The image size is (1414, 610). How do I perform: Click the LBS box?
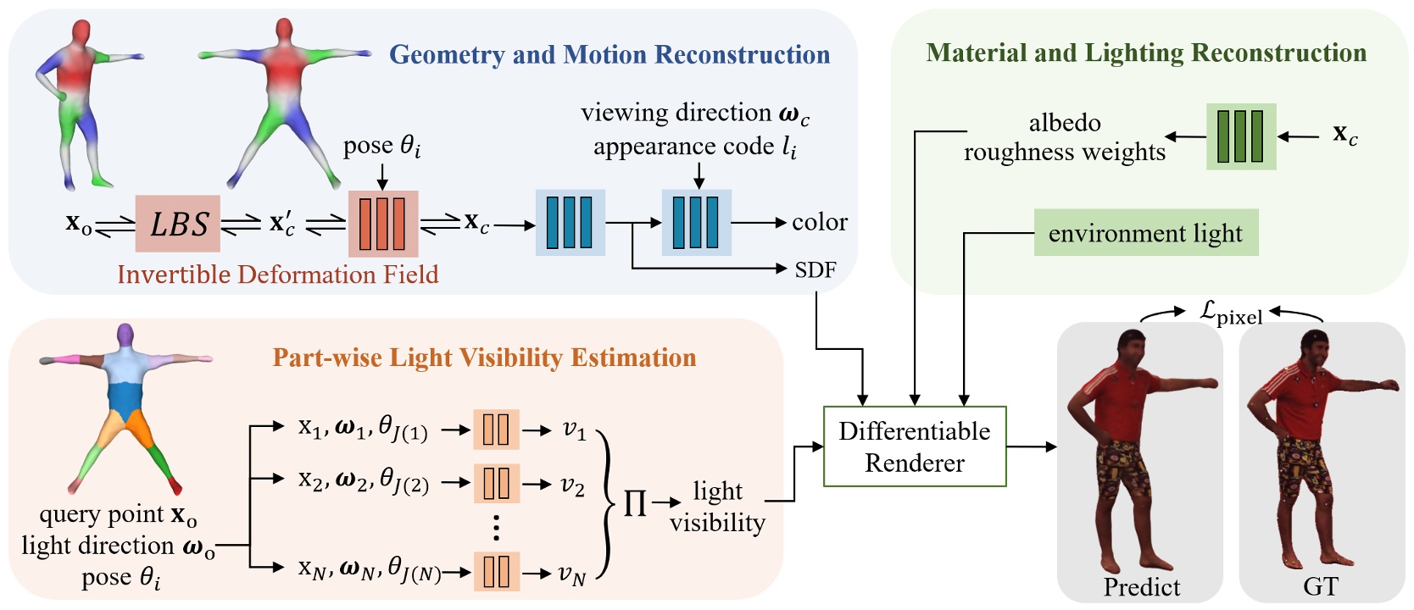178,224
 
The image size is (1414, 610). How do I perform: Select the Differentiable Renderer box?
915,446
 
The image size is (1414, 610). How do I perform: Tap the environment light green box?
1145,233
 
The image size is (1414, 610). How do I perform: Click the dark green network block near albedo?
1240,136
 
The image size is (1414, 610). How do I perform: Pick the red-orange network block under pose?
382,224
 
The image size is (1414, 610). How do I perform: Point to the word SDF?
816,269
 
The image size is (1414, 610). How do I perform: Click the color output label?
819,222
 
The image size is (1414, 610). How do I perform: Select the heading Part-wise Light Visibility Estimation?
484,358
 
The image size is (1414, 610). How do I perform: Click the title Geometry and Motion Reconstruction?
609,55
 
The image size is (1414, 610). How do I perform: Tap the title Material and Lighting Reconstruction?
1146,53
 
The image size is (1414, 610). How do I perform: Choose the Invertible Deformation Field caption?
278,274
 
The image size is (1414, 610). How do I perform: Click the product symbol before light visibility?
635,503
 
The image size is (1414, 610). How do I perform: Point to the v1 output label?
574,430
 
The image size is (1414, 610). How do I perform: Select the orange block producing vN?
496,571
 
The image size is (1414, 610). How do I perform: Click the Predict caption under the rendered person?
1141,587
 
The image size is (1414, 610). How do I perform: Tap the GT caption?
1320,586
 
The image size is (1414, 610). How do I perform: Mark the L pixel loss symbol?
1230,313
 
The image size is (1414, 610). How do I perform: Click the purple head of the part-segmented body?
125,334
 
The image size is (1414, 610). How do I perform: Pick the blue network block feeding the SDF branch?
570,223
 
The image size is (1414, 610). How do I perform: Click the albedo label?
1064,123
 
